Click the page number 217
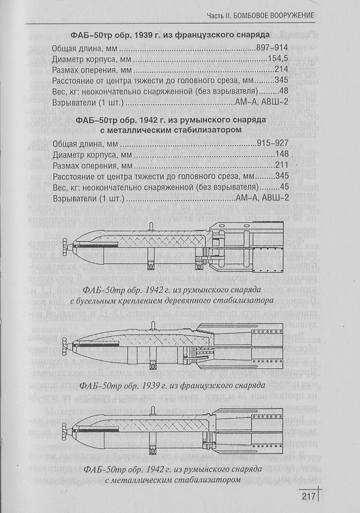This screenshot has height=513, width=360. pos(309,497)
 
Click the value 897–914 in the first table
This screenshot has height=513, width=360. pos(272,48)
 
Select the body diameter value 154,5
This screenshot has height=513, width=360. pos(278,58)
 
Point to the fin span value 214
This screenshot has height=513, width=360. pos(281,69)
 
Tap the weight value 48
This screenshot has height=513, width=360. pos(284,91)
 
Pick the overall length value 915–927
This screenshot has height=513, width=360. pos(273,143)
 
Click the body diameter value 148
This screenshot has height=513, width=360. pos(282,154)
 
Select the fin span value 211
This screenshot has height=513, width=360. pos(282,165)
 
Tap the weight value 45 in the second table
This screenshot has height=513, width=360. pos(284,187)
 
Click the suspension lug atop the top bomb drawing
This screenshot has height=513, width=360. pos(151,227)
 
